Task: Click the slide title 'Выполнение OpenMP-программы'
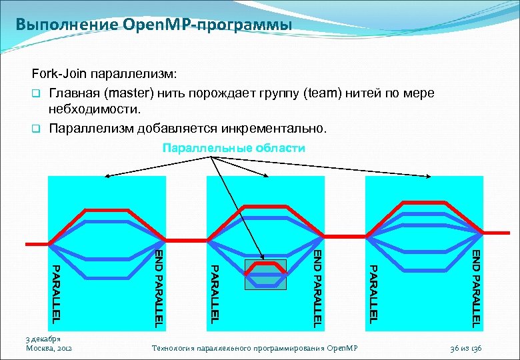tap(154, 26)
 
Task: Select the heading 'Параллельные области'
tap(234, 148)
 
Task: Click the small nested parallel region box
tap(265, 274)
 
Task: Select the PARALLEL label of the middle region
tap(215, 293)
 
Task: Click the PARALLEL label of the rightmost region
tap(374, 293)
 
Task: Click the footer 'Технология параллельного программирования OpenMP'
tap(255, 348)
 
